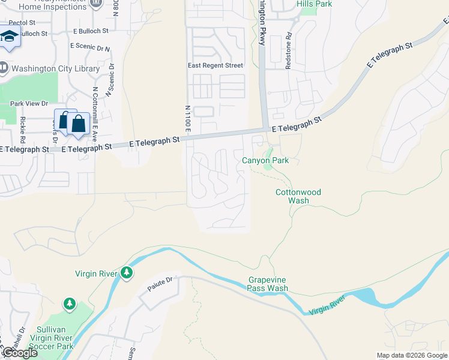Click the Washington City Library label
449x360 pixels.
pyautogui.click(x=55, y=69)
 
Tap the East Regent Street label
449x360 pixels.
pyautogui.click(x=215, y=65)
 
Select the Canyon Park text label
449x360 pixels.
pyautogui.click(x=265, y=160)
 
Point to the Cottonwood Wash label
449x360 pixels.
pyautogui.click(x=298, y=196)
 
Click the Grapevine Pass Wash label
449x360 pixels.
pyautogui.click(x=268, y=284)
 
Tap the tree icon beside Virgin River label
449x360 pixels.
pyautogui.click(x=126, y=273)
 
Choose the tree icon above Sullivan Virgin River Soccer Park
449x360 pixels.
pyautogui.click(x=70, y=304)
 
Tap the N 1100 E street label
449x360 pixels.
pyautogui.click(x=188, y=119)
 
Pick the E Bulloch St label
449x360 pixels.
pyautogui.click(x=91, y=30)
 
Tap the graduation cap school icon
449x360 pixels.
pyautogui.click(x=10, y=37)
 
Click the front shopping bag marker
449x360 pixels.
pyautogui.click(x=79, y=124)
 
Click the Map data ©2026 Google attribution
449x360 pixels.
pyautogui.click(x=412, y=355)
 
